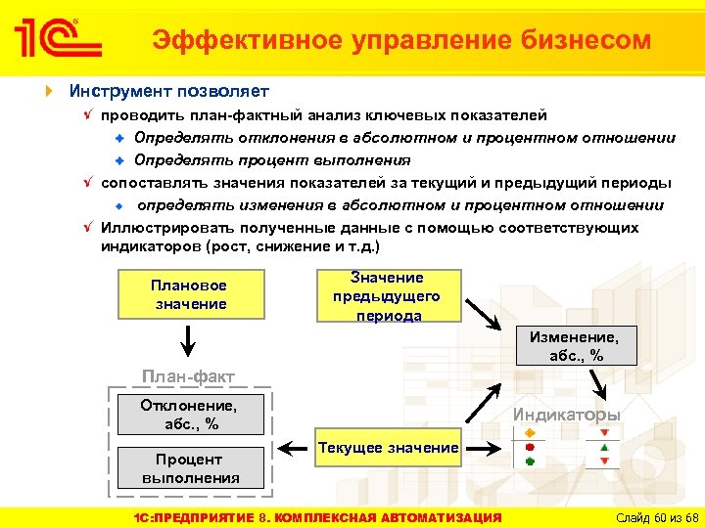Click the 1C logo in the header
(x=57, y=39)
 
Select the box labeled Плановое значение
(x=190, y=294)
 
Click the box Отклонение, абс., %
(x=191, y=415)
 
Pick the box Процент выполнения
(x=191, y=468)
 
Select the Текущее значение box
(x=387, y=448)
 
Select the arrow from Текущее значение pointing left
(x=291, y=449)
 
